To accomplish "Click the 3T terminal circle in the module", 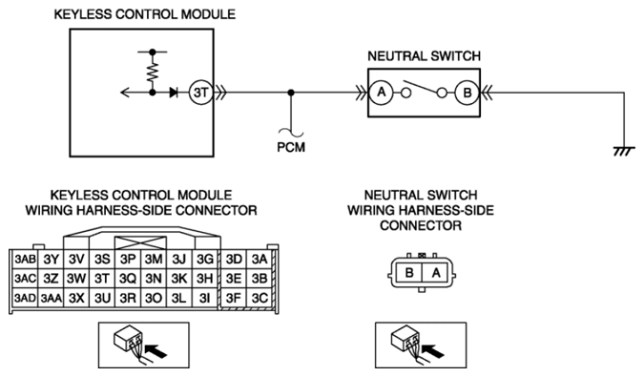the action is [201, 93].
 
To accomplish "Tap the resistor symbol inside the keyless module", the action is [153, 72].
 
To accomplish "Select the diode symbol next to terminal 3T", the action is [174, 93].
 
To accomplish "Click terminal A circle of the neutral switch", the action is [382, 93].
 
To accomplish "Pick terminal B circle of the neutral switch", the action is [467, 93].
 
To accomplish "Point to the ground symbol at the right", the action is [624, 152].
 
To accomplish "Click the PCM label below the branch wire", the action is [291, 147].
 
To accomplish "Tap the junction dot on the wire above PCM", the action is [291, 93].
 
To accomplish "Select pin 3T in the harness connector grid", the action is [102, 279].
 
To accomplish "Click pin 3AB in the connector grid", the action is [26, 260].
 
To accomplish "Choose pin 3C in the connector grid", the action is [260, 298].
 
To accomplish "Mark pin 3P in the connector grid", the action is [128, 260].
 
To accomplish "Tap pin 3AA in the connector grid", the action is [51, 298].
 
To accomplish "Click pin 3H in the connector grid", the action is [204, 279].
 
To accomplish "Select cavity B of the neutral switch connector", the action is [408, 273].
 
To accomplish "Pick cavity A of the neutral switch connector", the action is [436, 273].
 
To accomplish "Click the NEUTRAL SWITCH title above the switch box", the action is [424, 56].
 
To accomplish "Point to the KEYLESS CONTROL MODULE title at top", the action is [145, 14].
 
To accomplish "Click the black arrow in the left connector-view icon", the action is [156, 350].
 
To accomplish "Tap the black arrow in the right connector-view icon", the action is [434, 350].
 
